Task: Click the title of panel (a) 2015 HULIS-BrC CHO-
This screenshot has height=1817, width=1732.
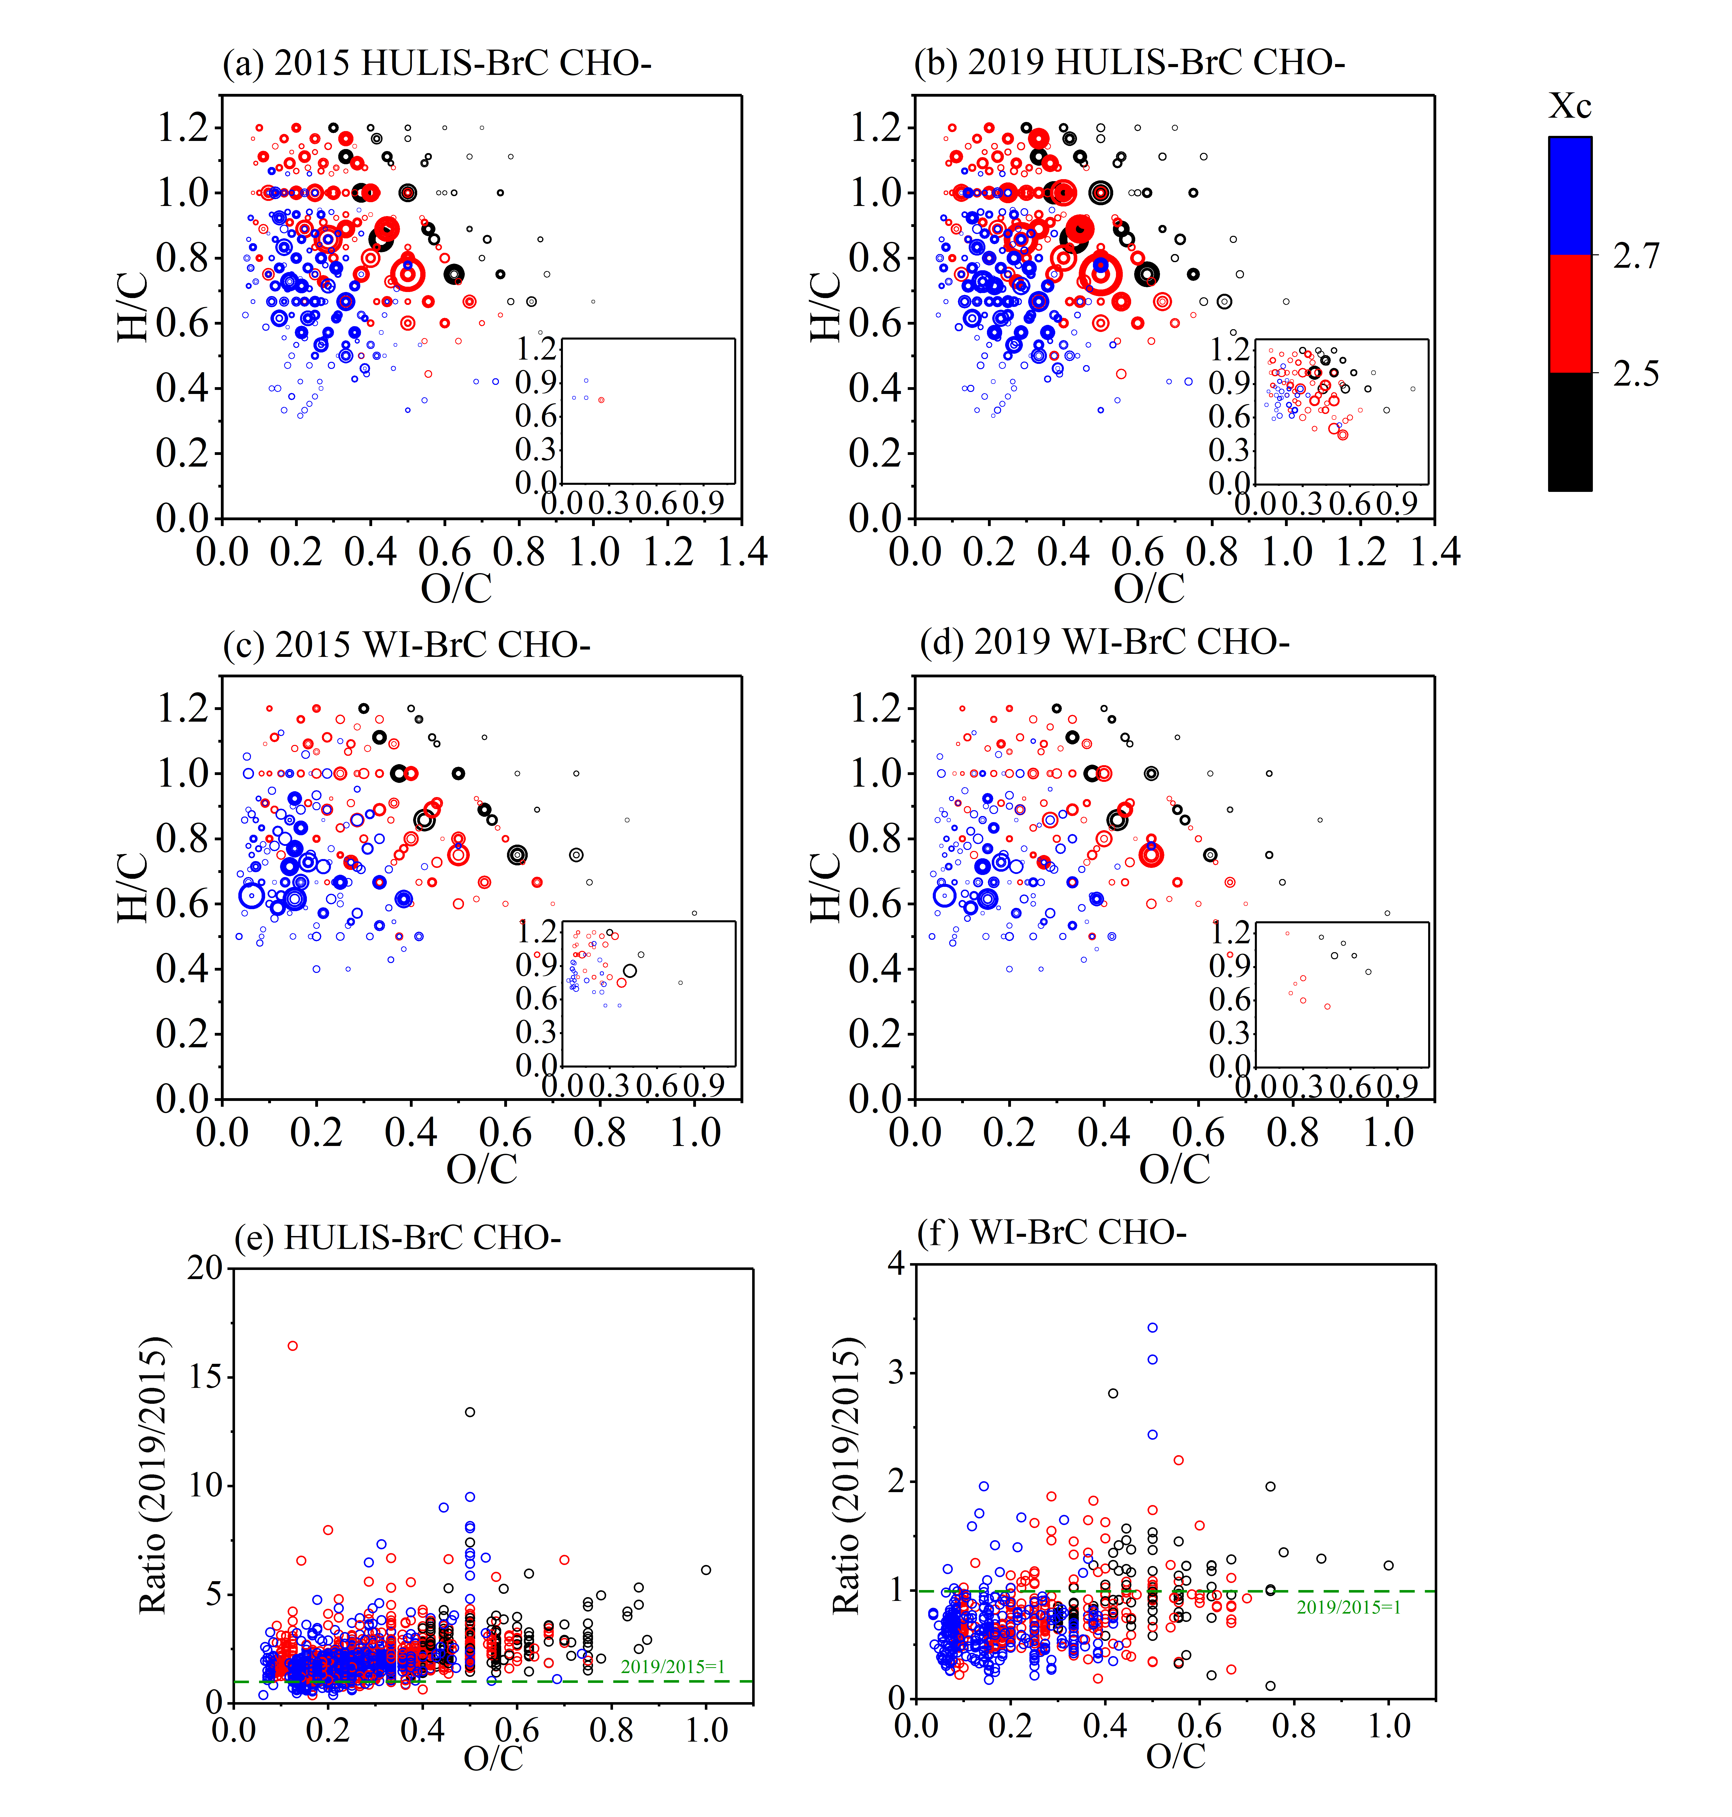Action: click(437, 63)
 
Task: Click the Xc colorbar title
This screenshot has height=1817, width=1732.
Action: click(1570, 106)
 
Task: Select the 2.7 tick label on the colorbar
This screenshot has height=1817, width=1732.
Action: click(1636, 256)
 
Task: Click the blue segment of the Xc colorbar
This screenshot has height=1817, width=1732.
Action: click(1570, 196)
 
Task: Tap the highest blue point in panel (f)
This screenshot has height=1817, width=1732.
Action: click(1152, 1328)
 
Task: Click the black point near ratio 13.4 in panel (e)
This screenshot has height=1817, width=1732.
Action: click(470, 1412)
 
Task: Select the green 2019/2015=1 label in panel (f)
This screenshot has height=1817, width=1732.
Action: click(1348, 1607)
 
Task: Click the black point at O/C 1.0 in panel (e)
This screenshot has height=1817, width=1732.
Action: click(706, 1570)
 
